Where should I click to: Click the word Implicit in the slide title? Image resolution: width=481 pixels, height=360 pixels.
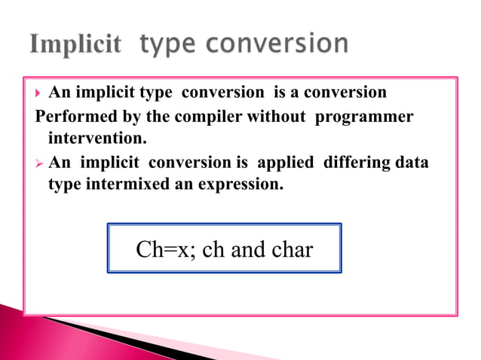(x=75, y=44)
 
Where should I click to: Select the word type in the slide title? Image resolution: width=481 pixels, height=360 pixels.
(x=168, y=46)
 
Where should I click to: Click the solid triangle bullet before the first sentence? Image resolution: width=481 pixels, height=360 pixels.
(x=38, y=93)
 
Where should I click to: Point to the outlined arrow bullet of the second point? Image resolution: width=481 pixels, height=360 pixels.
(x=38, y=163)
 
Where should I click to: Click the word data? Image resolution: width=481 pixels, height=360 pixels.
(x=412, y=163)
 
